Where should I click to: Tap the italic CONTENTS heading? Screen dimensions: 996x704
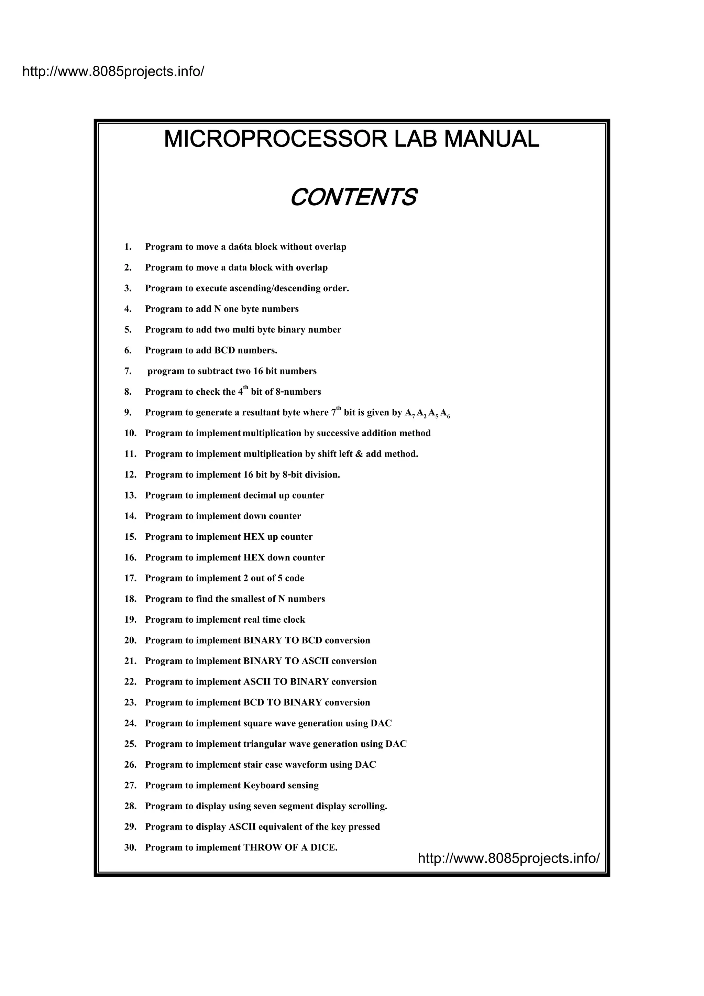tap(353, 197)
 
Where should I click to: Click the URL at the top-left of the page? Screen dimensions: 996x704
tap(113, 71)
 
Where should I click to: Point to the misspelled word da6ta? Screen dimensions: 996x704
tap(240, 247)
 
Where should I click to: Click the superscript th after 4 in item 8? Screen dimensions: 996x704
tap(245, 387)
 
